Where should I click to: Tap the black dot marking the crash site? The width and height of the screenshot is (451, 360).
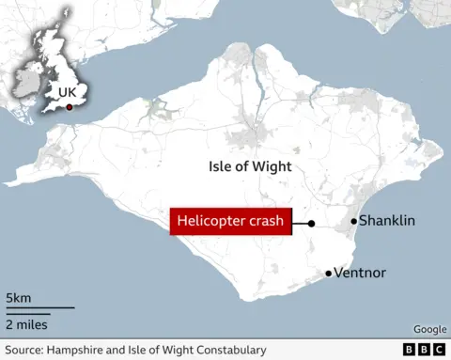tap(311, 224)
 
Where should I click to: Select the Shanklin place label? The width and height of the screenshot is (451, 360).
tap(388, 221)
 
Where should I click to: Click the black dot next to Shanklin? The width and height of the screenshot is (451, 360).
tap(354, 221)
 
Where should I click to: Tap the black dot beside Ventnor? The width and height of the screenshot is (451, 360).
tap(329, 274)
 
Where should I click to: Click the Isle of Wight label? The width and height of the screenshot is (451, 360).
tap(250, 166)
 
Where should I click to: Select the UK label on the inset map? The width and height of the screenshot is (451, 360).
tap(67, 92)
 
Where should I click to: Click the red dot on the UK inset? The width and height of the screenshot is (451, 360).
tap(68, 106)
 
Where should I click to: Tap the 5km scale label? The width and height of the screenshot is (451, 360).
tap(18, 298)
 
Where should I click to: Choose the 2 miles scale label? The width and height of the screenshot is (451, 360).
tap(26, 324)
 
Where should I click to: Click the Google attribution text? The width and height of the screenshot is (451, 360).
tap(429, 329)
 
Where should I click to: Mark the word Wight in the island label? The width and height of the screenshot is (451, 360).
tap(272, 166)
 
